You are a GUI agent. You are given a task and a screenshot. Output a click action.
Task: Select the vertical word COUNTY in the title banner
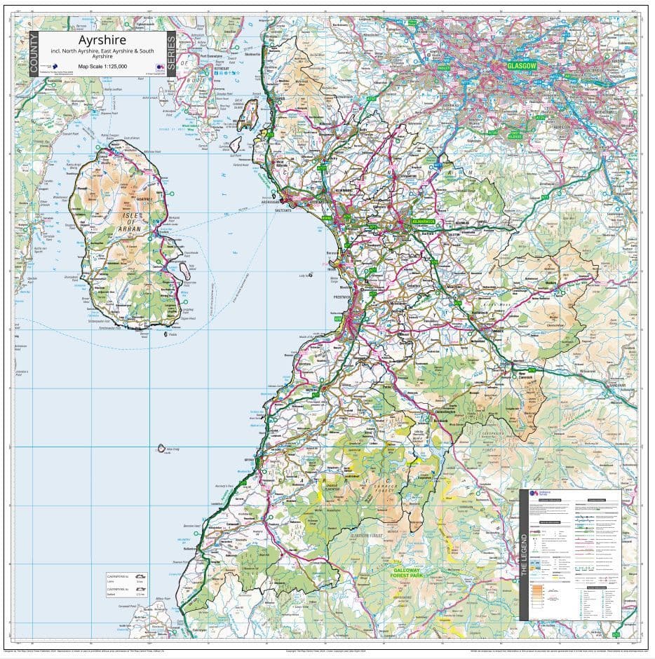tap(32, 54)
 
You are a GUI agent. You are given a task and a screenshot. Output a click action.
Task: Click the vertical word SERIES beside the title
tap(171, 54)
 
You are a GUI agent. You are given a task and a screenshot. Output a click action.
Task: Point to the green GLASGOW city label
tap(522, 64)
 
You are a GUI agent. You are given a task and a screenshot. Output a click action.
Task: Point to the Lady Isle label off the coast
tap(306, 276)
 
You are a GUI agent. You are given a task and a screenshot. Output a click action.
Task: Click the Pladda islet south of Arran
tap(165, 334)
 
